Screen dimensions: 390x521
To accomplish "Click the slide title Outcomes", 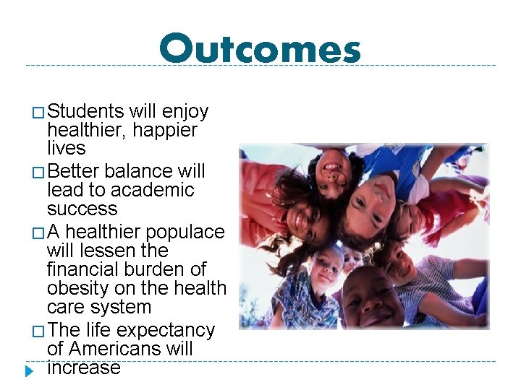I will tap(260, 50).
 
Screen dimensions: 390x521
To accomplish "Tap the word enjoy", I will tap(185, 112).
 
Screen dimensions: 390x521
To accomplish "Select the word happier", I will tap(165, 130).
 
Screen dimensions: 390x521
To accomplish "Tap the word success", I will tap(82, 209).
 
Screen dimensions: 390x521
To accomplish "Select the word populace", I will tap(185, 233).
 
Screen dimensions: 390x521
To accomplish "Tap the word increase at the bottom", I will tap(83, 368).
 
